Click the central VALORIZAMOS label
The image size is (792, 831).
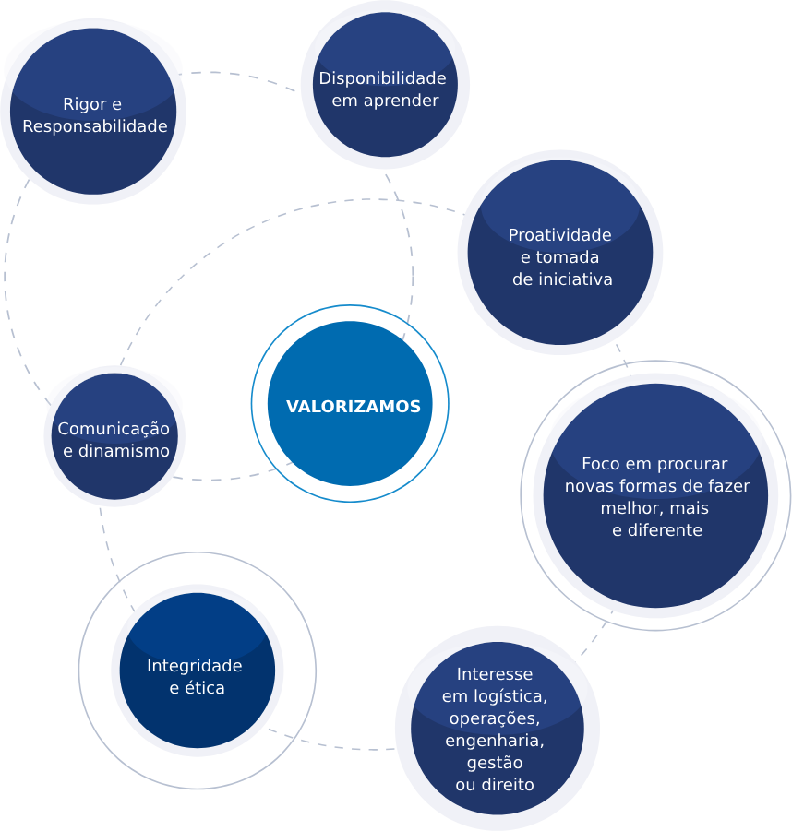(353, 407)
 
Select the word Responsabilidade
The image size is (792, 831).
(95, 126)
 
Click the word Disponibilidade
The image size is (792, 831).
(382, 78)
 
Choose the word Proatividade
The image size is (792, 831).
(560, 235)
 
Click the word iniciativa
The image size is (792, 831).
(575, 279)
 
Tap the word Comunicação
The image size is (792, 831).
(114, 429)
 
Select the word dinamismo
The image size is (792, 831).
(125, 451)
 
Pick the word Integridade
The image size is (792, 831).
(194, 666)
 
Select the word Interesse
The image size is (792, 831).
(495, 674)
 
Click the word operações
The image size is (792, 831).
(495, 718)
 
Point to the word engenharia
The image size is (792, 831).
(495, 741)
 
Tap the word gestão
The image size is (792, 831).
(495, 763)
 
